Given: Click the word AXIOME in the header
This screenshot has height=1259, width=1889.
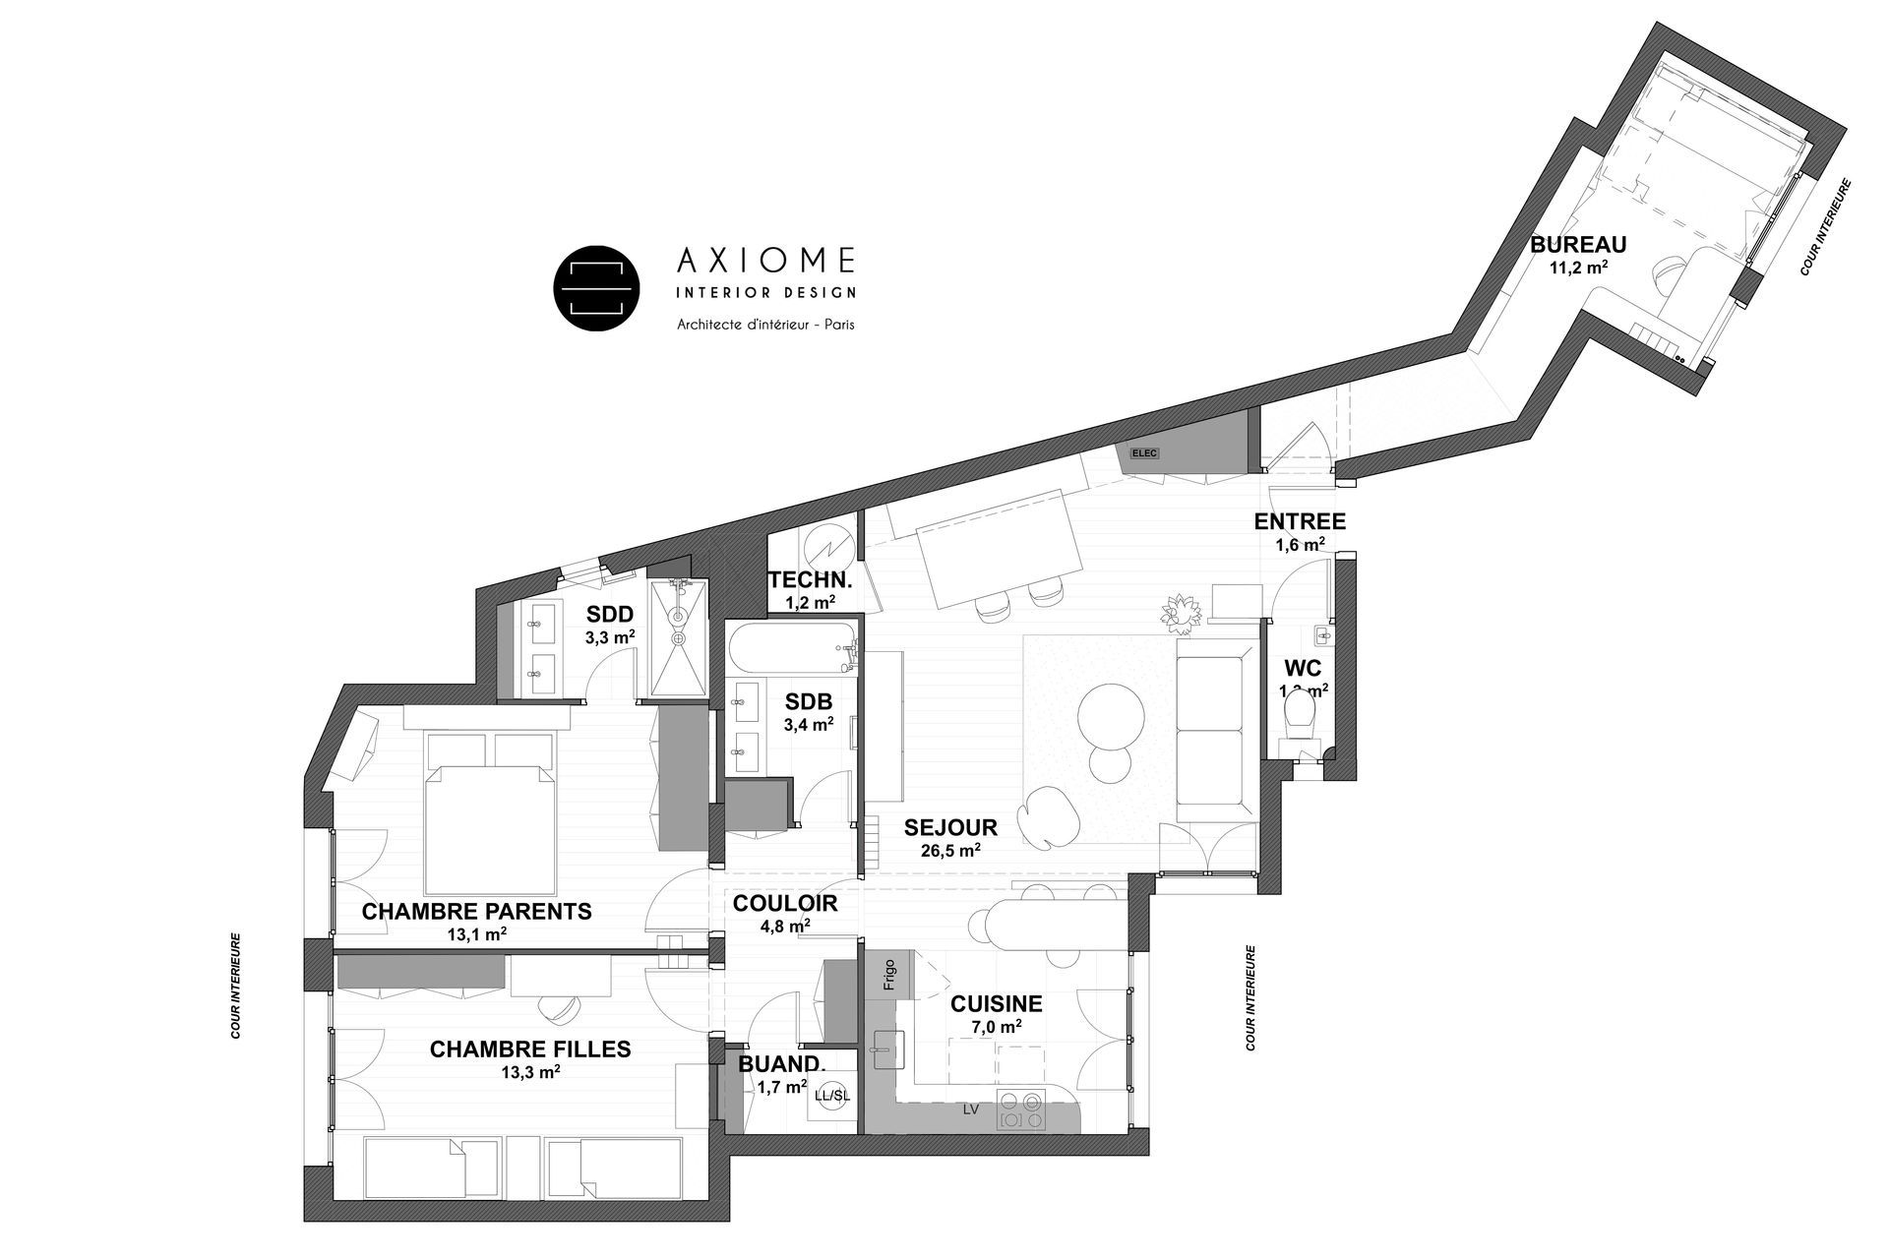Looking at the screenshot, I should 765,260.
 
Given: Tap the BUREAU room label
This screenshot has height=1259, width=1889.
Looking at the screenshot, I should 1578,245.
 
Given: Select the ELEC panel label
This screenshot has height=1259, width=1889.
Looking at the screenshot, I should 1144,453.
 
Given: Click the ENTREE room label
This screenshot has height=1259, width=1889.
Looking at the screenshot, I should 1300,521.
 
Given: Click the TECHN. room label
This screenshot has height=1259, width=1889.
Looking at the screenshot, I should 810,579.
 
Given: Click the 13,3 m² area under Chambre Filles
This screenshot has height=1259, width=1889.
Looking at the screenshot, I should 530,1073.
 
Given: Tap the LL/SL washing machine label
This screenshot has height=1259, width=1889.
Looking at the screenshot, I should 831,1095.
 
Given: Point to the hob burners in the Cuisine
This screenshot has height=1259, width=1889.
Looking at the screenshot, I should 1020,1109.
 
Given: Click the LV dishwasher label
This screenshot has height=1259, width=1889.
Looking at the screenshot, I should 971,1109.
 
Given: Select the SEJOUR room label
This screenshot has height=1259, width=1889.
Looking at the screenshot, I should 950,828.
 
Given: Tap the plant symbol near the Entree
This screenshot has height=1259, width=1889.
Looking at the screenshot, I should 1181,613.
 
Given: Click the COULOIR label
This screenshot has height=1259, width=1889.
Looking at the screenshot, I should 785,903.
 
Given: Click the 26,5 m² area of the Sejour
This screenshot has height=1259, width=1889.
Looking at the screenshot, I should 950,852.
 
